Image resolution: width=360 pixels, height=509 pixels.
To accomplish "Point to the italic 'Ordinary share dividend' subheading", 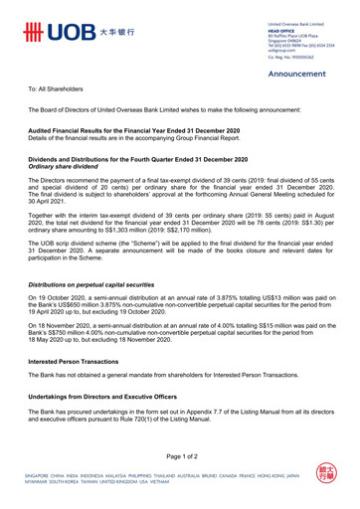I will click(71, 166).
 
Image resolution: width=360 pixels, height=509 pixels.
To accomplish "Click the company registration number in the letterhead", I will click(291, 59).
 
